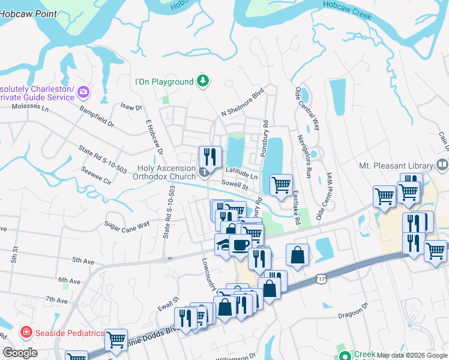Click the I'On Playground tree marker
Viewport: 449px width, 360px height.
click(203, 81)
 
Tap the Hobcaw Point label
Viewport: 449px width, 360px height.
click(28, 13)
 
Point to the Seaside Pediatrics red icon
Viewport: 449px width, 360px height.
click(26, 332)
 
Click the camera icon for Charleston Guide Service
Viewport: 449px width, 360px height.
click(83, 92)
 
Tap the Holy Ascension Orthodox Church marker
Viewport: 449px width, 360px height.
click(204, 173)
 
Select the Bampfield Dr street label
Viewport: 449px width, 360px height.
click(97, 117)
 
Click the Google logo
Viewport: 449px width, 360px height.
click(20, 353)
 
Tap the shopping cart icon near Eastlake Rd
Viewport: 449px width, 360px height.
click(280, 184)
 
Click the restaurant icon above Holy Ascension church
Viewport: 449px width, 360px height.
click(209, 157)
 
